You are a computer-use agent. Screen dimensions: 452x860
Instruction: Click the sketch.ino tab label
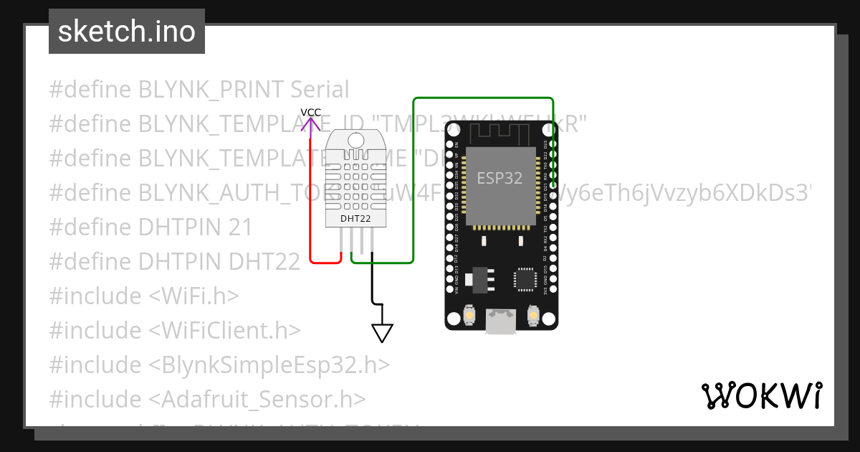point(127,32)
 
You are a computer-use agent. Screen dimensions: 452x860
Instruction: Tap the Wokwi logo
point(761,395)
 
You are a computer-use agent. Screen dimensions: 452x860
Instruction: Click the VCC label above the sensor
point(310,113)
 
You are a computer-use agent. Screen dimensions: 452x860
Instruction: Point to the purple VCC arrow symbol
point(310,125)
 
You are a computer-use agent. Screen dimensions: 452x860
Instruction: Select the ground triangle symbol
point(382,333)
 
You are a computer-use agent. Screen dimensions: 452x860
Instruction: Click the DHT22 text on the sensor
point(355,218)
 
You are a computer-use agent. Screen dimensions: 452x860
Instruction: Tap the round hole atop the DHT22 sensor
point(355,141)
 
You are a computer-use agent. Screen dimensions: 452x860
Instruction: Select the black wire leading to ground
point(372,287)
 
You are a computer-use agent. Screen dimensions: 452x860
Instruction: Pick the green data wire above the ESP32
point(484,98)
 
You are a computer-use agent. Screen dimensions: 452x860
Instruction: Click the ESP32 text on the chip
point(500,178)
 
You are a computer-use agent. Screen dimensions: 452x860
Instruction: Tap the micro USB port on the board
point(500,321)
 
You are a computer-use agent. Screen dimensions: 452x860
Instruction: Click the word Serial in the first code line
point(320,90)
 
